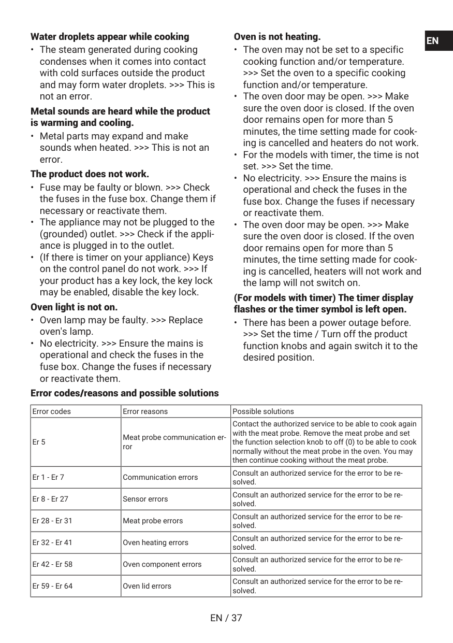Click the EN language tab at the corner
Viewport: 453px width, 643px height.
438,41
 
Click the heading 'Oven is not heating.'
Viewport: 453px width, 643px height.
277,37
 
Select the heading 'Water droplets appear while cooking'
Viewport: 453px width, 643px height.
110,37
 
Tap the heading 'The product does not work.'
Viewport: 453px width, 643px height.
90,174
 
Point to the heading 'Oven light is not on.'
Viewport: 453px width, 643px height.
74,307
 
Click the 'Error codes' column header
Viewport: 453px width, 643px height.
52,411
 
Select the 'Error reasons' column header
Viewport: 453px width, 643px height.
145,411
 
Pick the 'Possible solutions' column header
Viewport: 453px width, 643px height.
263,411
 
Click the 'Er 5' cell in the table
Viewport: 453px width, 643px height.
39,442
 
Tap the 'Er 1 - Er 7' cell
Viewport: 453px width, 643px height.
48,477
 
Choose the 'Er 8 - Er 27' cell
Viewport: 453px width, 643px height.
50,499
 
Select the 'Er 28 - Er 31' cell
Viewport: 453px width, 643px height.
52,521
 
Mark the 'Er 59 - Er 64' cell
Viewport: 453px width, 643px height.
52,586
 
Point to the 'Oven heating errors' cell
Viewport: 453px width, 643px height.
155,542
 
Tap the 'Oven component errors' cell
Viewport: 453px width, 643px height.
162,564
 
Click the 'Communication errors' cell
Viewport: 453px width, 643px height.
160,477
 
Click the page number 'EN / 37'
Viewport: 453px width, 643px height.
226,618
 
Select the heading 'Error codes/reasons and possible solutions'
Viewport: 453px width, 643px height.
125,393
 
